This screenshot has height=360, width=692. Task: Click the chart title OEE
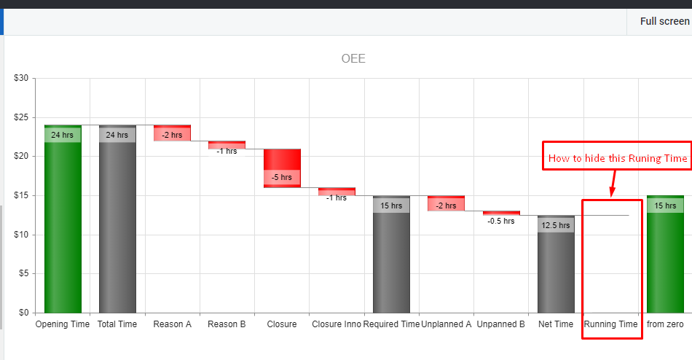pos(353,58)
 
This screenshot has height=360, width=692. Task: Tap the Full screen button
pos(664,21)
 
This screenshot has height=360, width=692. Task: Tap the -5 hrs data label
pos(281,178)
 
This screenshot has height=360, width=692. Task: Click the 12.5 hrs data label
pos(556,225)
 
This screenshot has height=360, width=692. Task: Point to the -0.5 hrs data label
pos(501,221)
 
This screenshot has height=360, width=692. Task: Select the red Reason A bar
pos(172,133)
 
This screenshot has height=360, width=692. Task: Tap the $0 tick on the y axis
pos(23,313)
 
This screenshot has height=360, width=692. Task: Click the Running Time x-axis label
pos(610,324)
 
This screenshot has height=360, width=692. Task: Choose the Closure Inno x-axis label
pos(337,324)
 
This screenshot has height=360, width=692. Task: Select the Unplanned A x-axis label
pos(447,324)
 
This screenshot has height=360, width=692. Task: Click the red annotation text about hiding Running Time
pos(617,158)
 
